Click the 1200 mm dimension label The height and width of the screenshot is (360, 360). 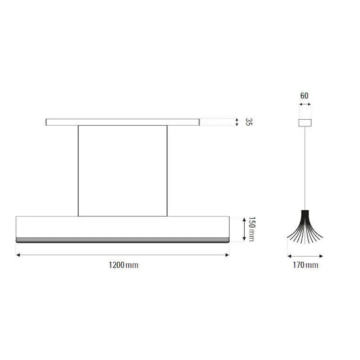point(124,265)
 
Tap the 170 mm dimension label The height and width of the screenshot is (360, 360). point(306,265)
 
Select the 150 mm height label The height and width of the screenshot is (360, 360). point(251,229)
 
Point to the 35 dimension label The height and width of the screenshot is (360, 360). point(249,122)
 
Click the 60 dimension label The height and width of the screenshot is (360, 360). point(304,96)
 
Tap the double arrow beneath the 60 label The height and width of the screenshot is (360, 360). point(305,105)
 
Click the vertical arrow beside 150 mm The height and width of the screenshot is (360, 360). point(244,229)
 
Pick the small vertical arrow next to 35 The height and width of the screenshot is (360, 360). point(237,122)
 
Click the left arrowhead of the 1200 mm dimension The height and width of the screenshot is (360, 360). point(18,255)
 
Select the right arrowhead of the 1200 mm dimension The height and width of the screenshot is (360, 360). point(227,255)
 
